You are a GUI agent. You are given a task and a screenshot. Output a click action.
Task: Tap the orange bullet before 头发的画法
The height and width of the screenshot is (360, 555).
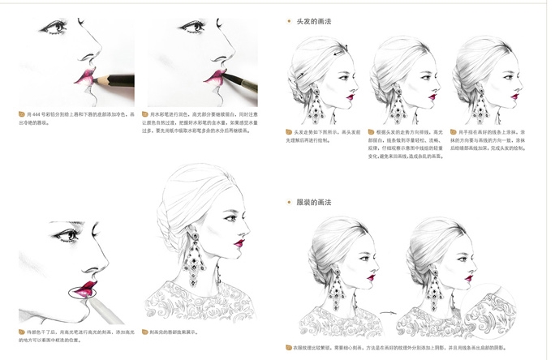tap(290, 21)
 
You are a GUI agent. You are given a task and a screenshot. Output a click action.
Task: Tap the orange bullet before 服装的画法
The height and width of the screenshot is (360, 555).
tap(290, 201)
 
